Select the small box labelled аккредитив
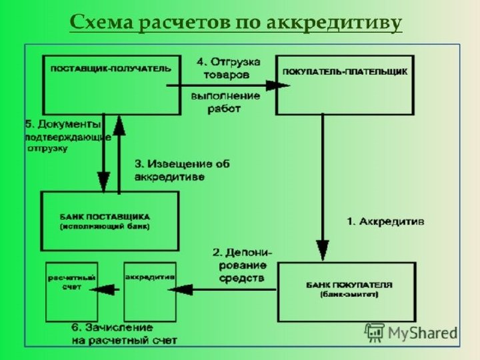tap(150, 290)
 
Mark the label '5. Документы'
tap(63, 124)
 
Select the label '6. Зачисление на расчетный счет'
tap(124, 334)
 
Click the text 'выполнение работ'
tap(216, 101)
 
